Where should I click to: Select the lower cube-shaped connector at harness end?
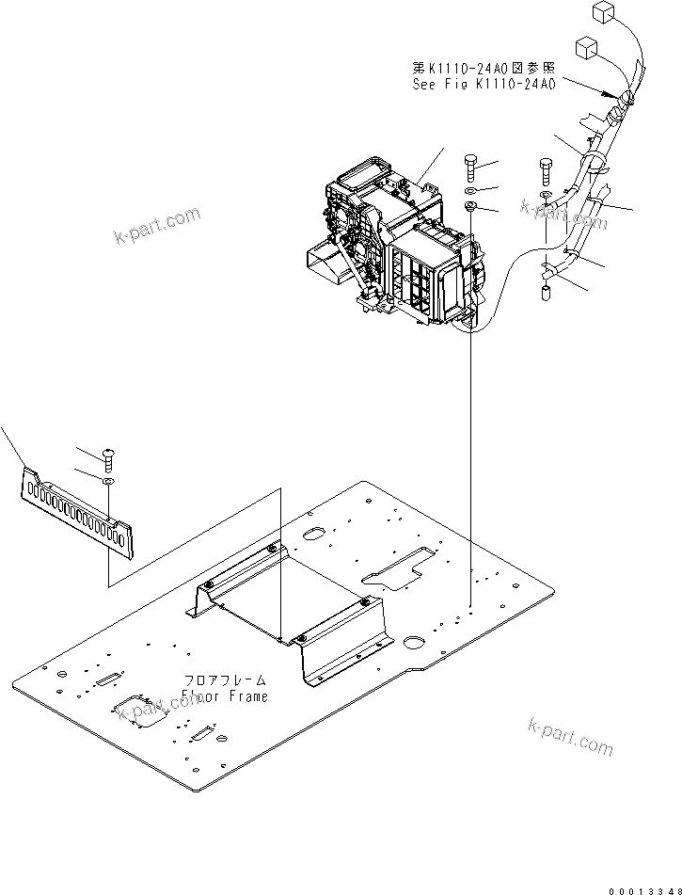tap(586, 46)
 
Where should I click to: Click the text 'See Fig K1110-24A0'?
tap(484, 84)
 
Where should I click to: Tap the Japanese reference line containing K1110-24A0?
tap(484, 68)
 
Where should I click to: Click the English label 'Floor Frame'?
tap(226, 696)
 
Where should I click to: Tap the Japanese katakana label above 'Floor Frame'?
tap(226, 679)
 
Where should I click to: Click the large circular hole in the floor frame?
tap(414, 646)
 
